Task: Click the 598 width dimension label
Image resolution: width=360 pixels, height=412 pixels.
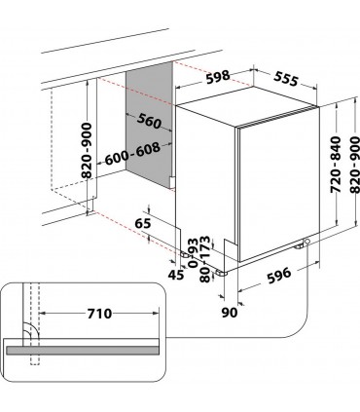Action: coord(218,77)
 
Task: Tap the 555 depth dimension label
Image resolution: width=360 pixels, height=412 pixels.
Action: coord(286,78)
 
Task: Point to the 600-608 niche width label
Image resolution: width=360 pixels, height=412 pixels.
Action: coord(132,154)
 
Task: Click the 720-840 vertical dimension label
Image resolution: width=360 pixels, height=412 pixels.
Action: coord(336,165)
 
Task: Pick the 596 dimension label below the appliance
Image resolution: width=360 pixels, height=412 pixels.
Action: coord(279,276)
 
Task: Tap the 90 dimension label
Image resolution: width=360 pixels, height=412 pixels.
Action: coord(230,313)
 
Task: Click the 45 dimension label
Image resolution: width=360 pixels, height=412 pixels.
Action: coord(176,275)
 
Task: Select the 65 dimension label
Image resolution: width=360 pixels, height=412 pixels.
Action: coord(143,223)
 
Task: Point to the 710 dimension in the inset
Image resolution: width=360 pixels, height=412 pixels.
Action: coord(99,314)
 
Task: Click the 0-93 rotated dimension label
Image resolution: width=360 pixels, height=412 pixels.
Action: coord(193,252)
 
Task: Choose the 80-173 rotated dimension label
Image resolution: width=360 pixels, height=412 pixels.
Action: coord(205,259)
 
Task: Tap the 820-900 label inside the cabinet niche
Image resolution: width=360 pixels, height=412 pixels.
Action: coord(87,150)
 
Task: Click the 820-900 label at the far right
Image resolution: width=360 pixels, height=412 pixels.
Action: coord(355,165)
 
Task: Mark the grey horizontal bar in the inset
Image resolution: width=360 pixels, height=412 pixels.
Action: coord(83,350)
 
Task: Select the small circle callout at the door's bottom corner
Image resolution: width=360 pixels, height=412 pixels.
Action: coord(306,242)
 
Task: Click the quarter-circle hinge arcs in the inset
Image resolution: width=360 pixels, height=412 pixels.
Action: coord(31,331)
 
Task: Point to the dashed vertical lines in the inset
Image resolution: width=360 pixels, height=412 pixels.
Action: coord(35,323)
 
